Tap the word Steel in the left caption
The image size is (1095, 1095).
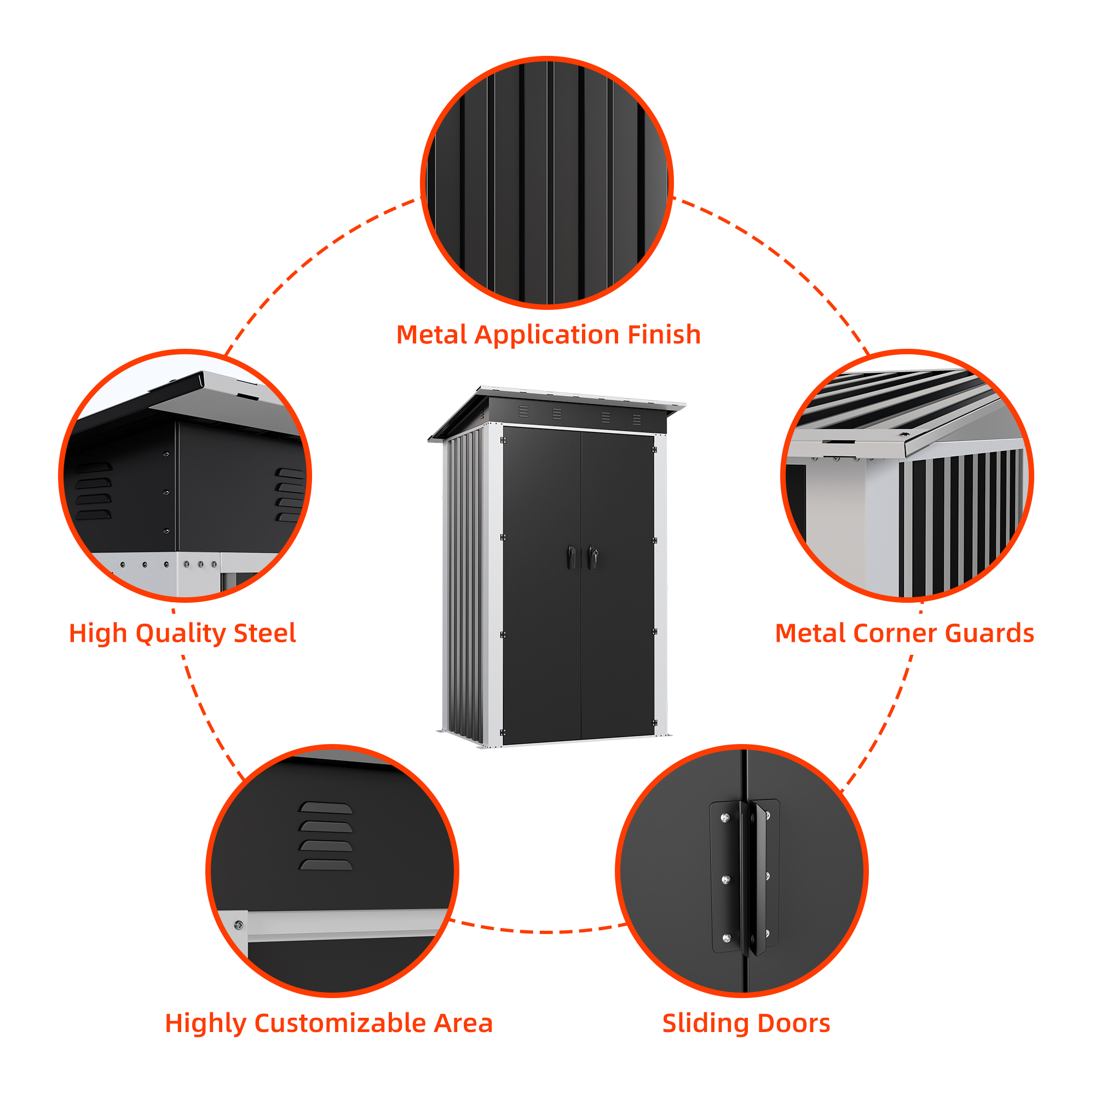pyautogui.click(x=264, y=633)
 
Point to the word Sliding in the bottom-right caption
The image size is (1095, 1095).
pyautogui.click(x=705, y=1024)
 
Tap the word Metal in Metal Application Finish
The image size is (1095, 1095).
pyautogui.click(x=433, y=335)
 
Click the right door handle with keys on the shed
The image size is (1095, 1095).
pyautogui.click(x=592, y=557)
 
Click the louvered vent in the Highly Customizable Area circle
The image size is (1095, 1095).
pyautogui.click(x=325, y=836)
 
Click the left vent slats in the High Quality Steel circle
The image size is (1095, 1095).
pyautogui.click(x=94, y=491)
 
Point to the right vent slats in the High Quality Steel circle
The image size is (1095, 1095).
pyautogui.click(x=290, y=494)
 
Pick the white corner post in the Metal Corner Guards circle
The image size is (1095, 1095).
pyautogui.click(x=882, y=525)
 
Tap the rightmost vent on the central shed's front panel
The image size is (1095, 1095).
pyautogui.click(x=637, y=419)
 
